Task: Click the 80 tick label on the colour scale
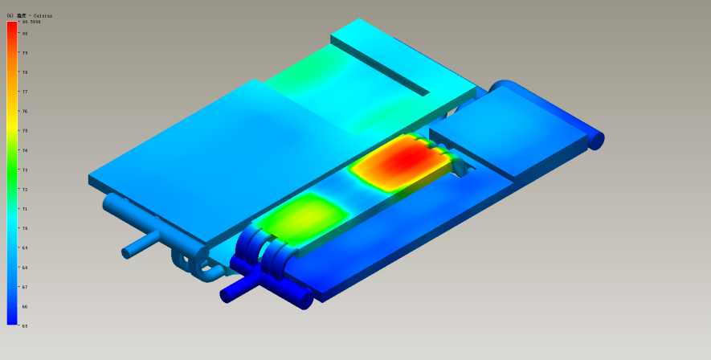[x=25, y=34]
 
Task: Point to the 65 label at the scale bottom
[x=25, y=325]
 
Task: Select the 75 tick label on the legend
[x=25, y=131]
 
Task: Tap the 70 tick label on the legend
[x=25, y=228]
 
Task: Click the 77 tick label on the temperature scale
[x=25, y=92]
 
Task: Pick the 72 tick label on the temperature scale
[x=25, y=190]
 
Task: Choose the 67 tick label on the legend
[x=25, y=287]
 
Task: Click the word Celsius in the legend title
[x=43, y=15]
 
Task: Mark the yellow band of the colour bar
[x=12, y=129]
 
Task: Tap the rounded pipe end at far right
[x=595, y=140]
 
